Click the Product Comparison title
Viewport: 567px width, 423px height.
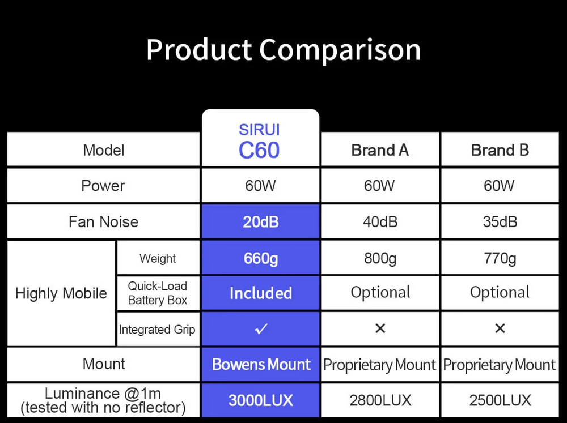(x=283, y=50)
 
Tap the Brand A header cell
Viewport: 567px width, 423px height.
(x=380, y=150)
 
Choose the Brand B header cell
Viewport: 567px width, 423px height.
(x=500, y=150)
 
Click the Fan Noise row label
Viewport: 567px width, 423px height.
(x=103, y=221)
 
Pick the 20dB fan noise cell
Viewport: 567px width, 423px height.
(x=260, y=221)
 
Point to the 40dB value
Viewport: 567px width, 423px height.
(x=380, y=221)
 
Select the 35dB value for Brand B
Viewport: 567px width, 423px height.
(x=500, y=221)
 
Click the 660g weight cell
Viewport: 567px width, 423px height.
(x=260, y=258)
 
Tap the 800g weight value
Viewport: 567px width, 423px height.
(x=380, y=258)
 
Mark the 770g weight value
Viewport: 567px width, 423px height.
(x=500, y=258)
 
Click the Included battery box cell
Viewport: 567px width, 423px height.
(x=260, y=293)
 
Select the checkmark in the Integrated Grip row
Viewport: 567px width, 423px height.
(x=261, y=328)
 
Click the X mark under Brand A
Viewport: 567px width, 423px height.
(x=380, y=328)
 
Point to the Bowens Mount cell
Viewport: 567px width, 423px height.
(x=261, y=364)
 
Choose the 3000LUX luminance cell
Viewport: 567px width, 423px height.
(x=260, y=400)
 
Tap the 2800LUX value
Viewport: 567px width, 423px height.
(x=380, y=400)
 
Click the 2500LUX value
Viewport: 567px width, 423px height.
(x=500, y=400)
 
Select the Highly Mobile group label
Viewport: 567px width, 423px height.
(x=61, y=293)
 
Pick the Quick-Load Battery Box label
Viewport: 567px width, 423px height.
(x=157, y=293)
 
